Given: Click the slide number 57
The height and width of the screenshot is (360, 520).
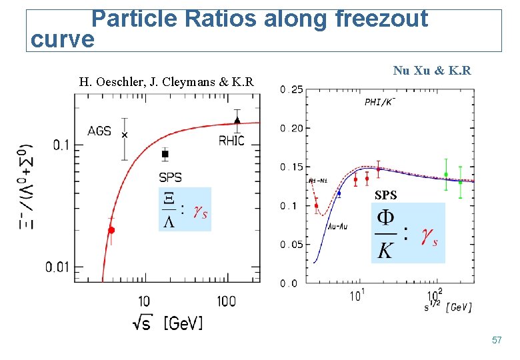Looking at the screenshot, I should pos(496,341).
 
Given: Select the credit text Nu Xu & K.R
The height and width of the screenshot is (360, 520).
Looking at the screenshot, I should pos(432,70).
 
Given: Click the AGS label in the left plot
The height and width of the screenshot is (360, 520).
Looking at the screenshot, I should pos(99,131).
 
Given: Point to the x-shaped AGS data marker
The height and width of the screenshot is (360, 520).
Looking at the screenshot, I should pos(124,135).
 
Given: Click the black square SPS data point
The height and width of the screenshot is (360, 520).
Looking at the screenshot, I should pos(165,154).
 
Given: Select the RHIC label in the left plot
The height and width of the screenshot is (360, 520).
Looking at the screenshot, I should pos(231,141).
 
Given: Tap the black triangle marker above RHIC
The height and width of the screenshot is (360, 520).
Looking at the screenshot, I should pos(237,121).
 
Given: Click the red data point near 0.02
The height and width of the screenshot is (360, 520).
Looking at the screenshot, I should pos(111,230).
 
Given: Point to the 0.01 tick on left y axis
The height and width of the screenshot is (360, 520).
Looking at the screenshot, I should pos(59,268).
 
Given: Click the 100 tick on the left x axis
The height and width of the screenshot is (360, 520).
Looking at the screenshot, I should pos(226,301).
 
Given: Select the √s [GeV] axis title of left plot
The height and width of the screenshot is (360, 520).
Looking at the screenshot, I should pos(168,322).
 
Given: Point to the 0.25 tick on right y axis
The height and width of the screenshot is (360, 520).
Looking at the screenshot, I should pos(291,90).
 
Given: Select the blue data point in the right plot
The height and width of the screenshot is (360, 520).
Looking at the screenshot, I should pos(339,193).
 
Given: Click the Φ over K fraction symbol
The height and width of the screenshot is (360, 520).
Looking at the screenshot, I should pos(385,233).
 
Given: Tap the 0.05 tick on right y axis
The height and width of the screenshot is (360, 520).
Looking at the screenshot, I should pos(291,245).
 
